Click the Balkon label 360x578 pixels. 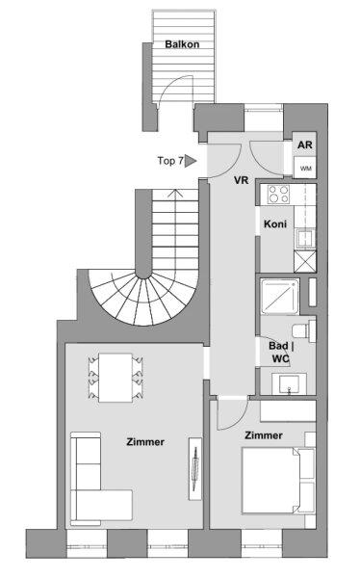pyautogui.click(x=182, y=44)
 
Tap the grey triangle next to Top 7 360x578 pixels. pyautogui.click(x=190, y=161)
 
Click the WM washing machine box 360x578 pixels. pyautogui.click(x=305, y=168)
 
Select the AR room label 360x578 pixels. pyautogui.click(x=305, y=144)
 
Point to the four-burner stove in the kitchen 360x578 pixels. pyautogui.click(x=278, y=194)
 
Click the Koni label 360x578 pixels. pyautogui.click(x=275, y=223)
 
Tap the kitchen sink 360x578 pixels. pyautogui.click(x=305, y=238)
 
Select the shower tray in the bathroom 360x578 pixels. pyautogui.click(x=280, y=297)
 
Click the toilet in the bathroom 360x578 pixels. pyautogui.click(x=304, y=330)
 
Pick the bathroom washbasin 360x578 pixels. pyautogui.click(x=290, y=384)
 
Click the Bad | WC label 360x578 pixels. pyautogui.click(x=281, y=352)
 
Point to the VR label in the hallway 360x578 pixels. pyautogui.click(x=242, y=180)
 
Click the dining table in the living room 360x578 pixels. pyautogui.click(x=116, y=378)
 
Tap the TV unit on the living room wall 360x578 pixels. pyautogui.click(x=195, y=468)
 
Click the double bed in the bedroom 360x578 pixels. pyautogui.click(x=278, y=481)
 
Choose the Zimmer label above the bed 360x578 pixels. pyautogui.click(x=264, y=435)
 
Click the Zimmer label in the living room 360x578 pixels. pyautogui.click(x=145, y=441)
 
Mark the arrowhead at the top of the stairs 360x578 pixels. pyautogui.click(x=176, y=193)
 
